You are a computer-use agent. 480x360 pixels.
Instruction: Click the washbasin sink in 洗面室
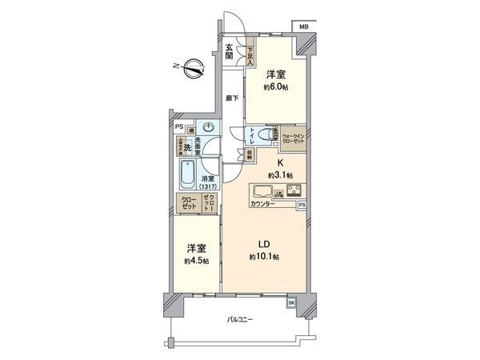[208, 127]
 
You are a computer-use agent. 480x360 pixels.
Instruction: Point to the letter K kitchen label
[278, 162]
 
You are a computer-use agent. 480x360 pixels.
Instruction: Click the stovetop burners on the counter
[294, 191]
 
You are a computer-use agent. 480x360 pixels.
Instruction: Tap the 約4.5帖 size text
[196, 261]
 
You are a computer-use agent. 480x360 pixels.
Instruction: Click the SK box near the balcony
[290, 303]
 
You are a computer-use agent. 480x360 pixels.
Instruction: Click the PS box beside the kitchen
[302, 205]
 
